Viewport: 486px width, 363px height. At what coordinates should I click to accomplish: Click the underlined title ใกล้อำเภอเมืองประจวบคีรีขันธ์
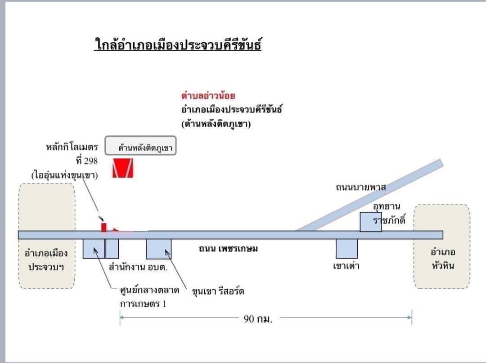178,44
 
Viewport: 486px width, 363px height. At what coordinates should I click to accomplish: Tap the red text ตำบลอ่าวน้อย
208,95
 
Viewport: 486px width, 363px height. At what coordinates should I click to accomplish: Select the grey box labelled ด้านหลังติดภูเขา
140,145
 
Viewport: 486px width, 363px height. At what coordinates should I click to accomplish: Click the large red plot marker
123,168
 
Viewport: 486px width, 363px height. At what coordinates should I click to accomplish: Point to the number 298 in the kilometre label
90,161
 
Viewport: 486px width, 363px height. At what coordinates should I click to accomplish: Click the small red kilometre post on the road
103,227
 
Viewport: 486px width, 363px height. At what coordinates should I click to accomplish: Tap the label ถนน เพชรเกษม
228,249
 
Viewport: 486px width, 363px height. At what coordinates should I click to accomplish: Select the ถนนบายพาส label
361,188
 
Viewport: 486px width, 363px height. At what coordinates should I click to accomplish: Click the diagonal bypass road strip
369,195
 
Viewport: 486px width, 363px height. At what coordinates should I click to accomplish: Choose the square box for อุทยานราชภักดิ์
371,222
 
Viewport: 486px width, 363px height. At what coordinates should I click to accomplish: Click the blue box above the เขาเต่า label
347,248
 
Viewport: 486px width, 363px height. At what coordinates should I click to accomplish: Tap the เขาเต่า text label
346,266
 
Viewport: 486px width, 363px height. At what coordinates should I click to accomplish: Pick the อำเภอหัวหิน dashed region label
443,259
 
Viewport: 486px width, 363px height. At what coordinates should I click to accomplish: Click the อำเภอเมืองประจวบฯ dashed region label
46,260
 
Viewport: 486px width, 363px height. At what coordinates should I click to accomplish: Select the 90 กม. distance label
258,319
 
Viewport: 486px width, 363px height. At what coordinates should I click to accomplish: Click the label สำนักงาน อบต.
138,267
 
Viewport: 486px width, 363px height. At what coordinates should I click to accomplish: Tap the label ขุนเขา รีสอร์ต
218,291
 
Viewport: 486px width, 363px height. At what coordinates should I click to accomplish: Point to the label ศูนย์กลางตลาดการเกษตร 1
150,297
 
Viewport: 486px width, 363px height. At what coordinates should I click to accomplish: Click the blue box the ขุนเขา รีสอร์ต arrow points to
159,249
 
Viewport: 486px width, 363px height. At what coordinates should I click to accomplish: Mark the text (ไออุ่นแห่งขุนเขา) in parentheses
64,175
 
